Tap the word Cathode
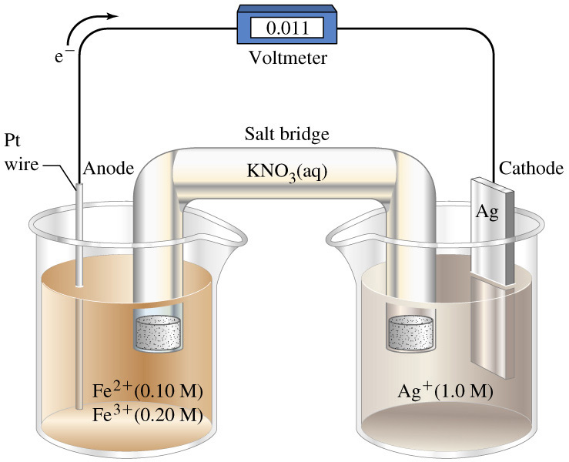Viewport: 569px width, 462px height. pos(531,169)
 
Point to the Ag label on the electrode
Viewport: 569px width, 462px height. pos(486,211)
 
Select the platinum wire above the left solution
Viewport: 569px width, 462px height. pos(79,231)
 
